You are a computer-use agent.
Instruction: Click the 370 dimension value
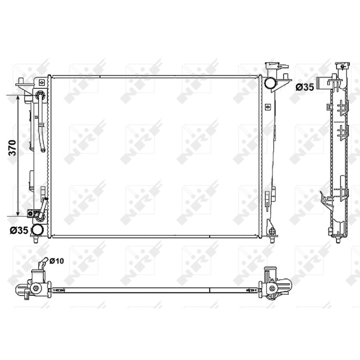tap(13, 148)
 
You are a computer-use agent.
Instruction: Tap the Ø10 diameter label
tap(56, 261)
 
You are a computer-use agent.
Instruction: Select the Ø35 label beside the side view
tap(305, 87)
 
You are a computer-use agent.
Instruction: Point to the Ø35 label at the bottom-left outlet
tap(19, 230)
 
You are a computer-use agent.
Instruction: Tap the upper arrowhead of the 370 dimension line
tap(18, 98)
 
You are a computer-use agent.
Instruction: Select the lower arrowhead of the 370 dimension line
tap(18, 213)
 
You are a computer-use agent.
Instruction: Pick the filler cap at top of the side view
tap(342, 66)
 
